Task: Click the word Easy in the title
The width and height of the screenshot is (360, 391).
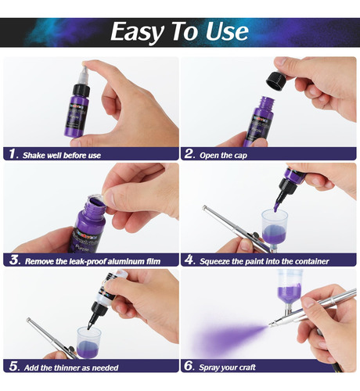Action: (x=138, y=32)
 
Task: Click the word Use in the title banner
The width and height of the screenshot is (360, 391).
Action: (x=227, y=31)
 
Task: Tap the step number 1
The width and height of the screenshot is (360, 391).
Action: (x=13, y=154)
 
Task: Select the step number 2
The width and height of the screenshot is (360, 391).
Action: (x=189, y=154)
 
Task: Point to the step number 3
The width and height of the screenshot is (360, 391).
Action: (x=14, y=260)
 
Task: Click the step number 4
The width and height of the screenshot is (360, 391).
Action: (x=189, y=260)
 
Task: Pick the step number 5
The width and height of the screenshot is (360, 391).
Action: (x=13, y=366)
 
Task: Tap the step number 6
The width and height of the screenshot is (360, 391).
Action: (x=189, y=366)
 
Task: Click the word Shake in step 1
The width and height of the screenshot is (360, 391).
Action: (x=32, y=156)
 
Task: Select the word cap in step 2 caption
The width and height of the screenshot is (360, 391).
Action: (x=240, y=156)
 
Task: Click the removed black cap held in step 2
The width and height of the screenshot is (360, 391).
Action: (x=276, y=81)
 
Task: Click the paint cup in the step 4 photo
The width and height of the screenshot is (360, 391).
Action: (x=275, y=229)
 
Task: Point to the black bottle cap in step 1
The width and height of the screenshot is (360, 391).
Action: (x=81, y=90)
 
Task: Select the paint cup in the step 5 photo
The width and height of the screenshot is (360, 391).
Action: (x=89, y=342)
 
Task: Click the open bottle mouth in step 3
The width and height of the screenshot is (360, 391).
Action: (x=96, y=201)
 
